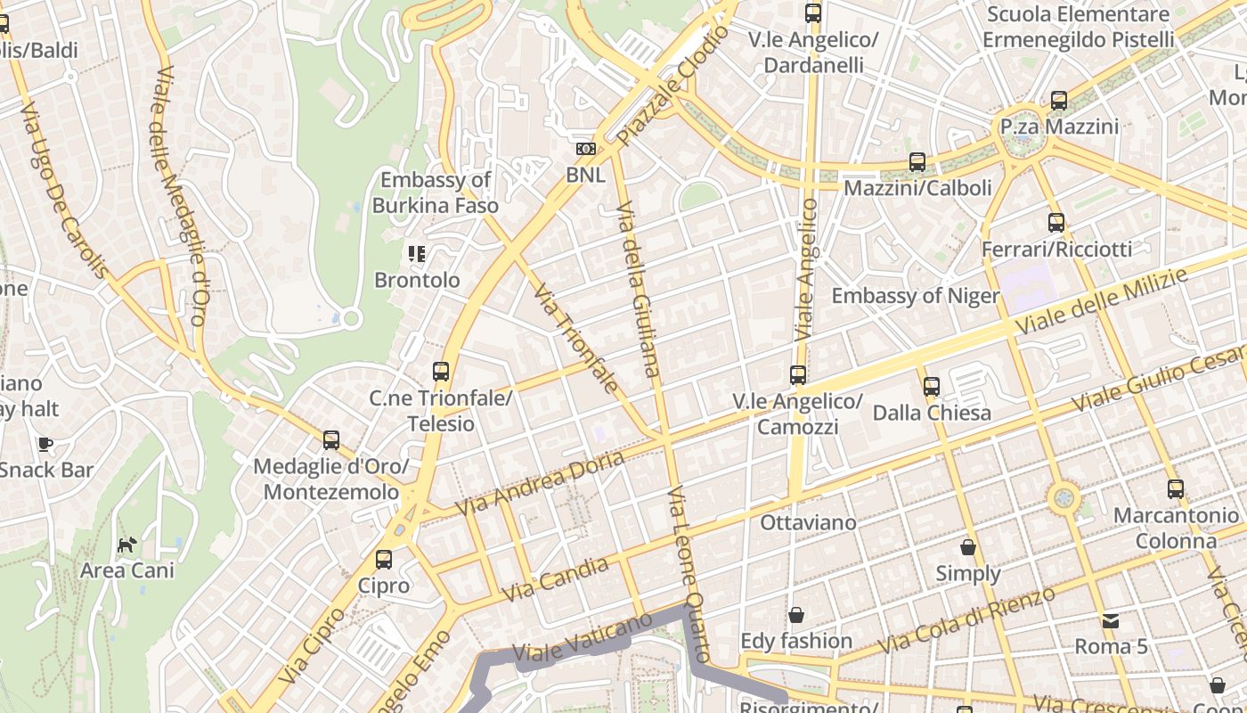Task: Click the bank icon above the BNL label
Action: [585, 149]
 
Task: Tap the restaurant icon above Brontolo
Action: [416, 254]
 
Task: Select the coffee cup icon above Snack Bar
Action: [45, 444]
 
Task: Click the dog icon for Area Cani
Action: [127, 544]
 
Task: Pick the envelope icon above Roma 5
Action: [1111, 620]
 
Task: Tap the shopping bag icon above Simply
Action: [968, 547]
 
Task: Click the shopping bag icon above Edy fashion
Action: [796, 615]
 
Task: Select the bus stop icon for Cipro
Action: [384, 560]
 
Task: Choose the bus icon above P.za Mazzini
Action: [1059, 101]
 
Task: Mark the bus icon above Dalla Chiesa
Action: [932, 387]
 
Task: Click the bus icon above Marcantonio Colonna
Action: [1176, 489]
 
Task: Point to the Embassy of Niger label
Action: [916, 296]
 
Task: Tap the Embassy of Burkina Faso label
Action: [436, 193]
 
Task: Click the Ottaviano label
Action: [808, 522]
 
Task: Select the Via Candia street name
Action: [556, 578]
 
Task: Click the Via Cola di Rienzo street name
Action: [966, 619]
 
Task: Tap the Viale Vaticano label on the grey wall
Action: [583, 641]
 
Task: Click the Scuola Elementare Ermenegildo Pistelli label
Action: [1079, 27]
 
